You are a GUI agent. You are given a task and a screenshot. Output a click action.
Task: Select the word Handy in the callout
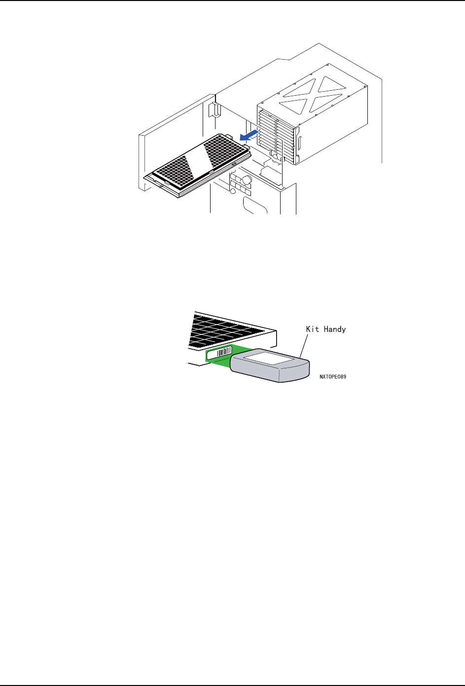tap(335, 329)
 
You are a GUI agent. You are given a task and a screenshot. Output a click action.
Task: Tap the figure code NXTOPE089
tap(332, 376)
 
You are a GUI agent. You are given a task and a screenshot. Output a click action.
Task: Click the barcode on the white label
tap(224, 352)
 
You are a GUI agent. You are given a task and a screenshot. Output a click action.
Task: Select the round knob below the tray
tap(247, 180)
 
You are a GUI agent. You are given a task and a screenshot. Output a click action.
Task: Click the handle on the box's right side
tap(299, 143)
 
